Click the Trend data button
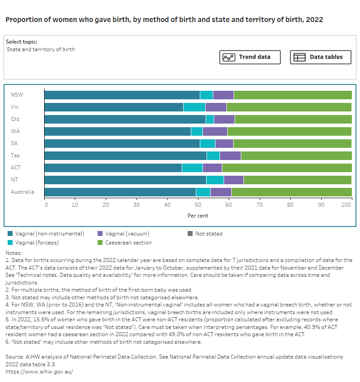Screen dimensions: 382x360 point(250,57)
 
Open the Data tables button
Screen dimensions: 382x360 point(320,57)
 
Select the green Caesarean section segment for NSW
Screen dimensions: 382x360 point(292,95)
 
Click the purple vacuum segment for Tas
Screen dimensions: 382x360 point(230,155)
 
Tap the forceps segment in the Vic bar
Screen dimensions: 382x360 point(194,107)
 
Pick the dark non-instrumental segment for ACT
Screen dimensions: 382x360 point(113,168)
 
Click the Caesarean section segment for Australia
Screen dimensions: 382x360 point(291,192)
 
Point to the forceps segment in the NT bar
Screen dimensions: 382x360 point(215,180)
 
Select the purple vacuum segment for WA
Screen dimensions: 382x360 point(215,131)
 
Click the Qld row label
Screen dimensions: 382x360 point(15,119)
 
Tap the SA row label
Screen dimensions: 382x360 point(14,143)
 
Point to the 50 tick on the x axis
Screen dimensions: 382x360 point(198,205)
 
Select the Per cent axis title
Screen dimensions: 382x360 point(198,216)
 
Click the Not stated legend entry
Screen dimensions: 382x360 point(208,234)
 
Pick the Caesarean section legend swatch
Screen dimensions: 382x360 point(101,243)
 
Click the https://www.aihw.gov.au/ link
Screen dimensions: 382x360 point(39,372)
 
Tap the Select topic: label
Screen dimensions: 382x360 point(21,42)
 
